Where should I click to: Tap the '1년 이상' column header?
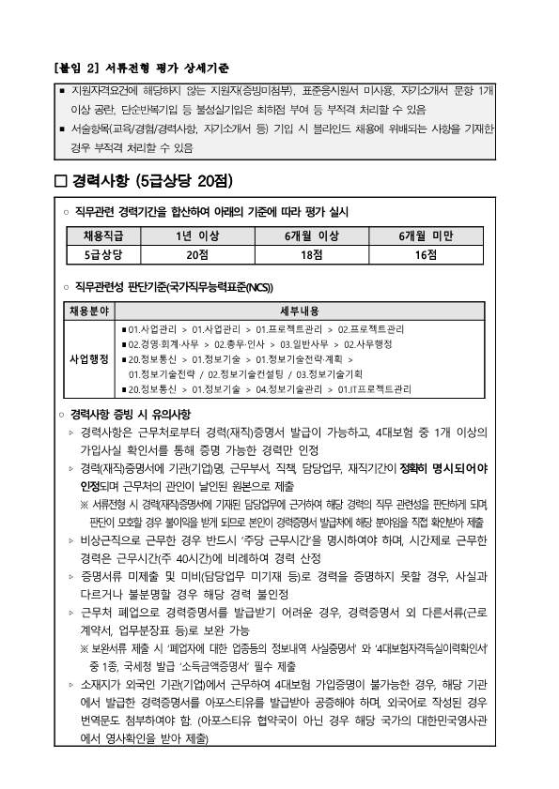click(196, 236)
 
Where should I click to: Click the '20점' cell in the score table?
click(196, 254)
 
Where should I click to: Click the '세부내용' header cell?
click(301, 311)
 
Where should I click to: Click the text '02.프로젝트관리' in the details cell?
click(371, 329)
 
